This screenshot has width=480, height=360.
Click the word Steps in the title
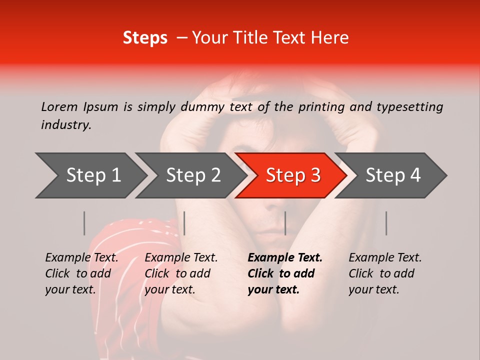145,38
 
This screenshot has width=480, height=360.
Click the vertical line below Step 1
84,223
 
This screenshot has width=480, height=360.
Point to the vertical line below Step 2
184,223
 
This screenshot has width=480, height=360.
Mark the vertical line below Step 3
285,223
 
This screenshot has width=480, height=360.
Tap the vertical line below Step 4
386,223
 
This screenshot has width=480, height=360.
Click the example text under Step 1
81,273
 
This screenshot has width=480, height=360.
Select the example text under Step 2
181,273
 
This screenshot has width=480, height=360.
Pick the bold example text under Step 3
284,273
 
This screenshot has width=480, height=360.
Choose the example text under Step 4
385,273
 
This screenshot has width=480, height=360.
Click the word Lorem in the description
59,107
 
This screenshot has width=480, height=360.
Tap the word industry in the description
65,125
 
